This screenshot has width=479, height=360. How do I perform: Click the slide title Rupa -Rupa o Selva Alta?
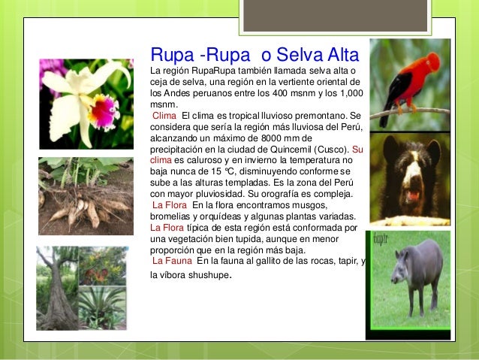pos(255,56)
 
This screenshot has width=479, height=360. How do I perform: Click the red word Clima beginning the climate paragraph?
pos(164,116)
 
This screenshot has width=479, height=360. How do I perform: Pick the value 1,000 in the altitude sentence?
pos(348,93)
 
